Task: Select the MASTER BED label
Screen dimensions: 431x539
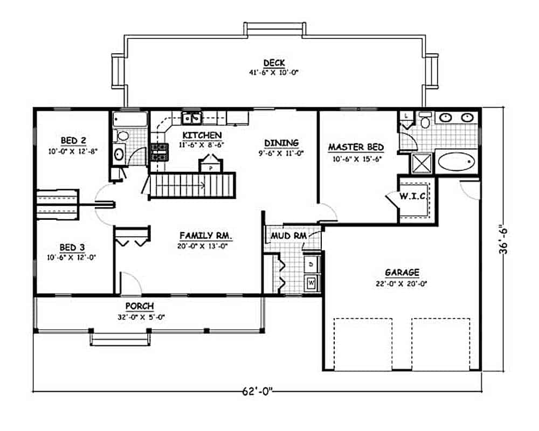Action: click(x=356, y=147)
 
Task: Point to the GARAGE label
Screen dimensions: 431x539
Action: click(x=402, y=273)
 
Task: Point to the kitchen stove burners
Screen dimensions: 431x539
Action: click(x=158, y=152)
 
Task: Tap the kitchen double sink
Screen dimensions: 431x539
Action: click(x=191, y=117)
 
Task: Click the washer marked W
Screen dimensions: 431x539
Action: click(x=311, y=281)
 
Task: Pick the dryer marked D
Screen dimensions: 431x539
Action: click(x=311, y=264)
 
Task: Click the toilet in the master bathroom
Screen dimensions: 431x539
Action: click(x=425, y=121)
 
